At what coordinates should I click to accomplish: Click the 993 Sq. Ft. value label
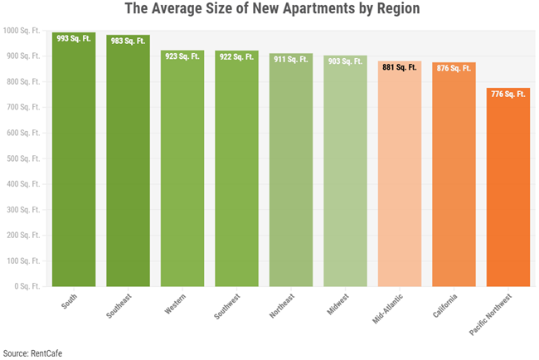[x=74, y=39]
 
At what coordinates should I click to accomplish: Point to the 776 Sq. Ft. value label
[x=508, y=95]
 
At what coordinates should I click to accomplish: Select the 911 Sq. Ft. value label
[x=291, y=59]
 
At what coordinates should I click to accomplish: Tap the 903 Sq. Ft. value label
[x=345, y=61]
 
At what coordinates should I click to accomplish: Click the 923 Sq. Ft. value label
[x=182, y=56]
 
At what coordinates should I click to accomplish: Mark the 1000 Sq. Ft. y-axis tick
[x=24, y=31]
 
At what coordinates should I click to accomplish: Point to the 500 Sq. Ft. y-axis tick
[x=26, y=158]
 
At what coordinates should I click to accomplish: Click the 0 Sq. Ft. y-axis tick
[x=29, y=286]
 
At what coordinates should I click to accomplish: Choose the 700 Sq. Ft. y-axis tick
[x=26, y=107]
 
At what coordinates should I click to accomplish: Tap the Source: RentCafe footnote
[x=32, y=353]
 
